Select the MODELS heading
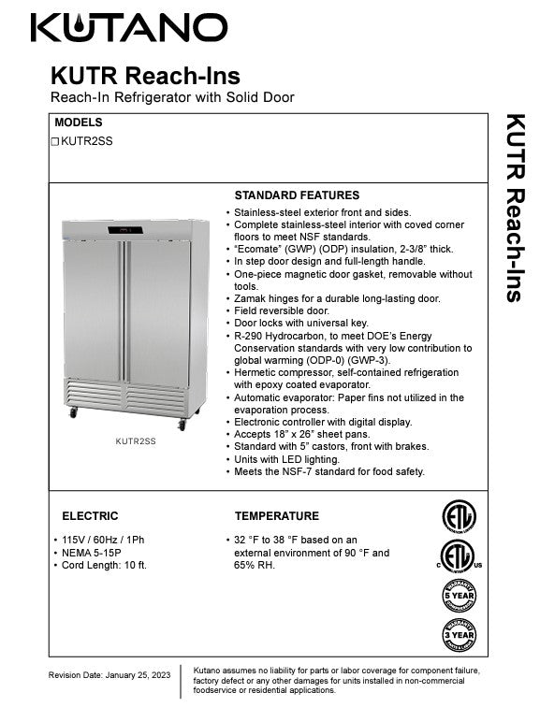click(79, 123)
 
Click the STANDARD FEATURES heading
click(296, 195)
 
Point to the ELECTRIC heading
click(90, 515)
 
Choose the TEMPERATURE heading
click(276, 515)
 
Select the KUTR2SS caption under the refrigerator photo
click(136, 440)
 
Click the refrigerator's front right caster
click(182, 425)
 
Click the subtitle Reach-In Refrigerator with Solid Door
click(172, 97)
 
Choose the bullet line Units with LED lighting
click(287, 459)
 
